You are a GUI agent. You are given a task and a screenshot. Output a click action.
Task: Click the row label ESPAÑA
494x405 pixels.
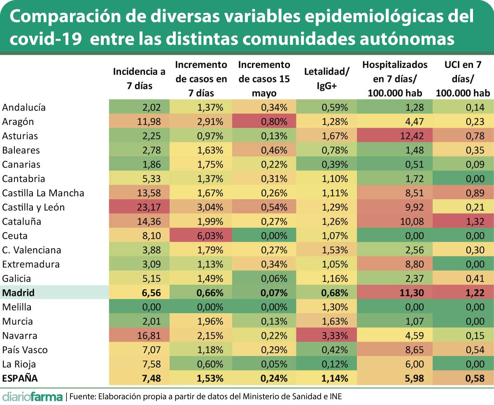(x=21, y=378)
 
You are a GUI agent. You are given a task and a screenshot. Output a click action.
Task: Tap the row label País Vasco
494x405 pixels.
(x=25, y=350)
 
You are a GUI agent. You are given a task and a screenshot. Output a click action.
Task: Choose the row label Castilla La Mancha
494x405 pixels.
(x=43, y=193)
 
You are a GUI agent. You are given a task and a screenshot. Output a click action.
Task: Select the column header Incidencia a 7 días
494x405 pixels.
(x=139, y=78)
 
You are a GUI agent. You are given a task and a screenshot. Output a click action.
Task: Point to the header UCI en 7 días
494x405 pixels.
(x=463, y=79)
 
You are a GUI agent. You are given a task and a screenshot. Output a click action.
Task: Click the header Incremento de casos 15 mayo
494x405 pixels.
(x=264, y=79)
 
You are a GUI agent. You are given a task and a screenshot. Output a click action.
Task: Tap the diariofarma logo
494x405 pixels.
(x=32, y=396)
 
